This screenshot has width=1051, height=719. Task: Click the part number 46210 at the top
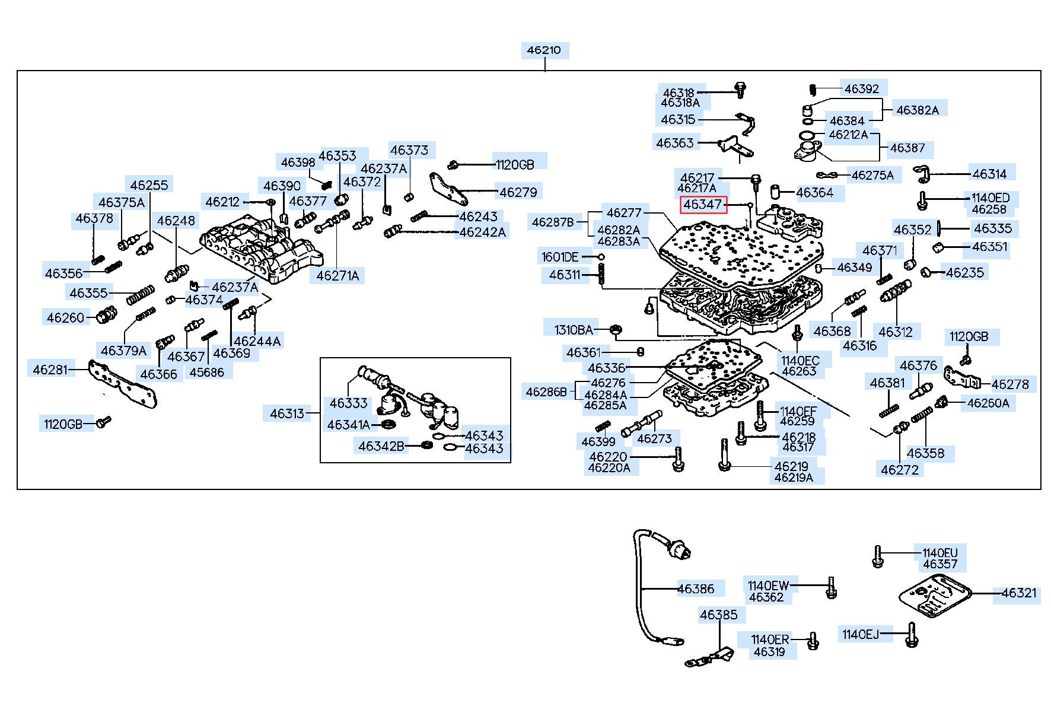[544, 50]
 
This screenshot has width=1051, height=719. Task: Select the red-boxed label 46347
[703, 205]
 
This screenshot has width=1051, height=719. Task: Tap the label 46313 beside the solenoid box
[287, 413]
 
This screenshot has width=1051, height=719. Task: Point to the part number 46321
[1019, 593]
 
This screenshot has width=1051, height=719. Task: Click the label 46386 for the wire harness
[696, 588]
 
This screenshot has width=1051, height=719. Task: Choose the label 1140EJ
[861, 635]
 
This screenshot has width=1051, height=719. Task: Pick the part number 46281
[50, 370]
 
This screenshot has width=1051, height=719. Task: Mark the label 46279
[518, 192]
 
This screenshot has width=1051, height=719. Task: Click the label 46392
[862, 89]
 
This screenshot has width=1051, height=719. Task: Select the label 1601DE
[560, 257]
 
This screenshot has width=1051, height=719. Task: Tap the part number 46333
[349, 403]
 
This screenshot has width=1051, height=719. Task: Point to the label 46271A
[337, 276]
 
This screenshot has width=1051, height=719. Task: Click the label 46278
[1010, 384]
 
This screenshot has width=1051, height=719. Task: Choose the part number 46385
[718, 615]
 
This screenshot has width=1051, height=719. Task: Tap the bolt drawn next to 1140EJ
[912, 635]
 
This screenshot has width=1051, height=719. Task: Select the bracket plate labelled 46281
[122, 383]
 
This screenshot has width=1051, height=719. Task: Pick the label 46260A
[988, 403]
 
